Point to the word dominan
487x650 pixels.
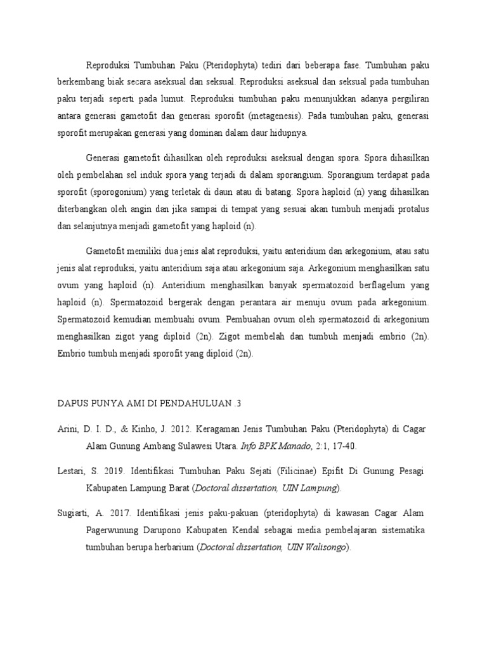pyautogui.click(x=216, y=133)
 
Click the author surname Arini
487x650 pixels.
pyautogui.click(x=67, y=430)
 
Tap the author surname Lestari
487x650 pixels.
pyautogui.click(x=70, y=472)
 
